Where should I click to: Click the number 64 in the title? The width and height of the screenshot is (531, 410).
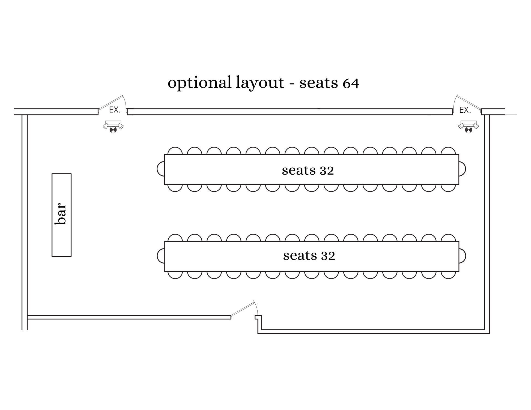(351, 83)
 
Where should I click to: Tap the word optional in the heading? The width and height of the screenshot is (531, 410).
(199, 83)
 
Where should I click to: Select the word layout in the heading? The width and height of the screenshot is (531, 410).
(259, 83)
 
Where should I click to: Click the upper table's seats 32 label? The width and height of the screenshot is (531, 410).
(308, 170)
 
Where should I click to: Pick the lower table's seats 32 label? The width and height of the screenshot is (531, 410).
(309, 256)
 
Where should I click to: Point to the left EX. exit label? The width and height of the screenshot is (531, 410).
(115, 110)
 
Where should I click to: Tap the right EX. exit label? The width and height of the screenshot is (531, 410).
(465, 110)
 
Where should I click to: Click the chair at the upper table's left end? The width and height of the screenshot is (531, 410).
(161, 169)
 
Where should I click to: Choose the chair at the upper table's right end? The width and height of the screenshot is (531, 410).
(462, 169)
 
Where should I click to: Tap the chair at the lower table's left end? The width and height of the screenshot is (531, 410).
(161, 256)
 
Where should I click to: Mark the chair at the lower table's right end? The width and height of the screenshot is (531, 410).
(462, 256)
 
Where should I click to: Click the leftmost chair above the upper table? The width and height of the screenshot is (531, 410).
(175, 151)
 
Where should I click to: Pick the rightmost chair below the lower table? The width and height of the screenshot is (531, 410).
(448, 275)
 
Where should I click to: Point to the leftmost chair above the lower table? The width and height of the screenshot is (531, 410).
(175, 238)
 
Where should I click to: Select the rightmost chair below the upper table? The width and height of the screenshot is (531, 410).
(448, 188)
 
